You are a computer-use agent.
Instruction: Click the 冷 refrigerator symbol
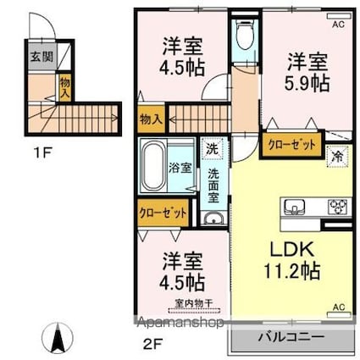tap(336, 155)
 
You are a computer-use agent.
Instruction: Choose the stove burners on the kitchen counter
tap(338, 206)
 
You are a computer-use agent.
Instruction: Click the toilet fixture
tap(245, 36)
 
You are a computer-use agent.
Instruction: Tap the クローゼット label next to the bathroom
tap(163, 212)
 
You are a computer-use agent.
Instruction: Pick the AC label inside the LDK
tap(338, 307)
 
